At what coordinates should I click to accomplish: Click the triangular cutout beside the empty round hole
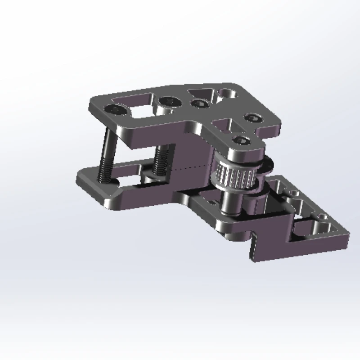tap(201, 93)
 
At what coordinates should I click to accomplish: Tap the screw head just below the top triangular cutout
tap(198, 103)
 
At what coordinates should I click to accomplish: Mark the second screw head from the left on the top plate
tap(168, 102)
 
